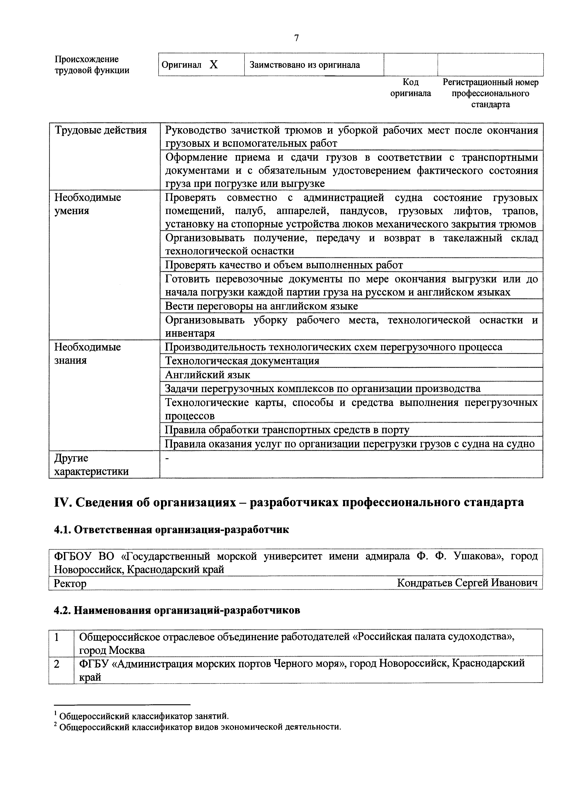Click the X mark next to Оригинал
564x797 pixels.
214,65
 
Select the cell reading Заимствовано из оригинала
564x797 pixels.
305,65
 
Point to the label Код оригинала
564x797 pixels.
410,88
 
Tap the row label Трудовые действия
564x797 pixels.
101,130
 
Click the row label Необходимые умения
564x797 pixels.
88,204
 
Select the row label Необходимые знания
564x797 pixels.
88,353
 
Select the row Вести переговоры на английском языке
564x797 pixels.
261,306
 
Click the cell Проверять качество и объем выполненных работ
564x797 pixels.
284,265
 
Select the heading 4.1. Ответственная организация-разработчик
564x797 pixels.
171,530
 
